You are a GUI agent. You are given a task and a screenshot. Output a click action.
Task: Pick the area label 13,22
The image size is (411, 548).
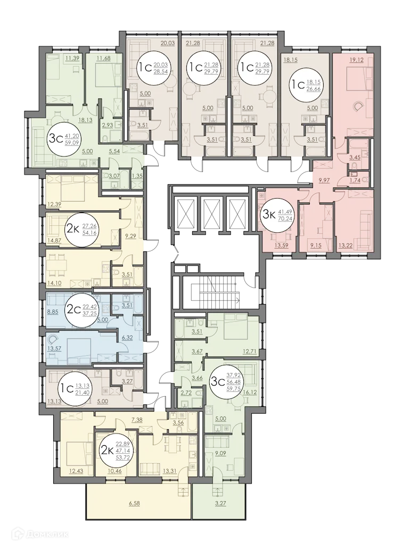pyautogui.click(x=345, y=246)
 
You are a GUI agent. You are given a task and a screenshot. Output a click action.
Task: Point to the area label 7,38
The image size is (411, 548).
pyautogui.click(x=137, y=421)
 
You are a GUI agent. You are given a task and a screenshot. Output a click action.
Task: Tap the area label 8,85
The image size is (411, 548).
pyautogui.click(x=53, y=312)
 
